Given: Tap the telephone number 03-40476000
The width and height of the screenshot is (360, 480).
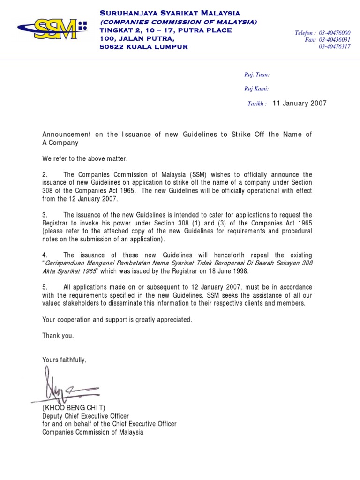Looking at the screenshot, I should point(335,33).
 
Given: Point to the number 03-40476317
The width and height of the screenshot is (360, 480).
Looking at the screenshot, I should point(335,47).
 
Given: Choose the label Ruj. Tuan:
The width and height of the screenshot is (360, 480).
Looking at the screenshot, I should point(257,75).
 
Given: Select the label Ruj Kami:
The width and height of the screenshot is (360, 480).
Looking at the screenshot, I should point(256,89).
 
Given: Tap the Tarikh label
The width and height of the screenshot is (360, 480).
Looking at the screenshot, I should point(257,104).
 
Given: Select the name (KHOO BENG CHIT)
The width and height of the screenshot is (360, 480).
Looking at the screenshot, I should point(74,408).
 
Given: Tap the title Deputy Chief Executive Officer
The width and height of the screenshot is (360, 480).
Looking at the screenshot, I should point(85,416).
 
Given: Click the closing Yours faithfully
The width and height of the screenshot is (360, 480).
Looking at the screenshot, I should point(65,360).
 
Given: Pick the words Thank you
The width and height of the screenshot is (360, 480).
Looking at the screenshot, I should point(58,336).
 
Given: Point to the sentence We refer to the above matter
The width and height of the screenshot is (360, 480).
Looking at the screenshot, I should point(84,158).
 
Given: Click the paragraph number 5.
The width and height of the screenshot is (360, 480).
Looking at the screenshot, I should point(45,287).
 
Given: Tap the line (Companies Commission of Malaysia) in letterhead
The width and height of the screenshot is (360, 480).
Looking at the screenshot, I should point(178,22).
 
